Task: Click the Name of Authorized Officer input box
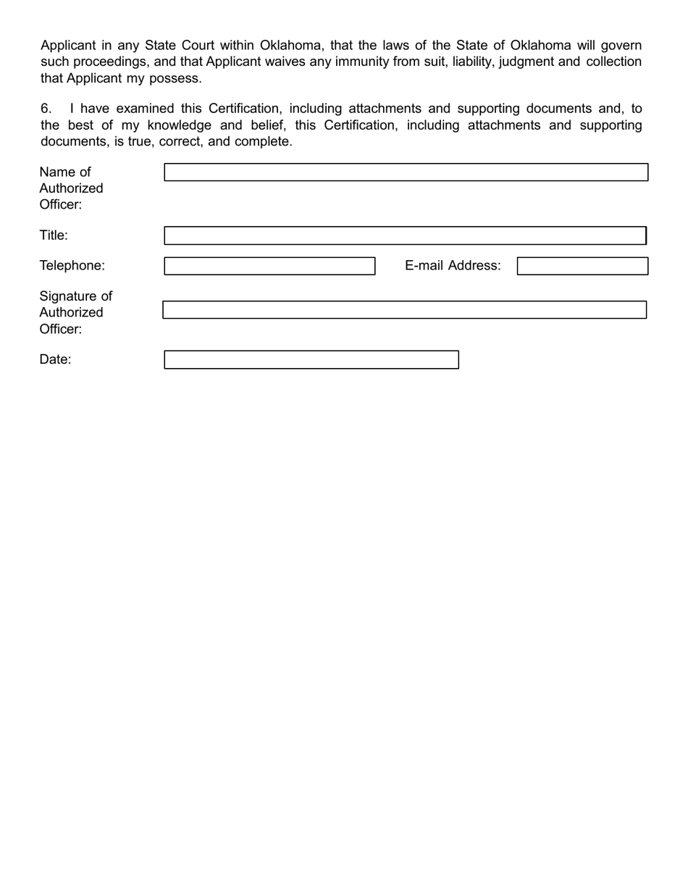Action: pos(406,172)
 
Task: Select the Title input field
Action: pos(405,235)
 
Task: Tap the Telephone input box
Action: pos(269,266)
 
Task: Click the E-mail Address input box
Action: pos(582,266)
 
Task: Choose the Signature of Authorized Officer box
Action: pos(404,310)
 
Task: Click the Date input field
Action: pos(311,360)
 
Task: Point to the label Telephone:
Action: pos(72,266)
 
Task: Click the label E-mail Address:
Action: pos(453,266)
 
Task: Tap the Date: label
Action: pos(55,360)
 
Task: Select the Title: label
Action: pos(54,235)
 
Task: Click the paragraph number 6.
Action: pos(46,109)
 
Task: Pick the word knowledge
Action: pos(179,125)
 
